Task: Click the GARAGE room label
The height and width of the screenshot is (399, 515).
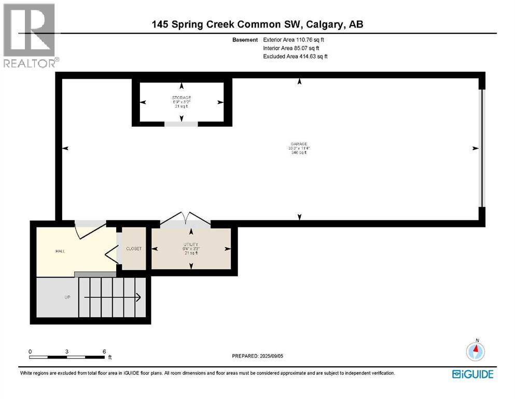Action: point(299,144)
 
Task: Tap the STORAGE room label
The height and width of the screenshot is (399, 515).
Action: point(182,98)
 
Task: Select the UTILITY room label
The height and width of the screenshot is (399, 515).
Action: point(191,244)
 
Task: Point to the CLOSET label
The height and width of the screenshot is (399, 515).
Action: point(134,249)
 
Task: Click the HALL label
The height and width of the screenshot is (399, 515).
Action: point(61,251)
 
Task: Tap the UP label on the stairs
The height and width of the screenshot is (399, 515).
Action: point(67,297)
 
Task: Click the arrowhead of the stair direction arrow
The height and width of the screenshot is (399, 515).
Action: point(138,297)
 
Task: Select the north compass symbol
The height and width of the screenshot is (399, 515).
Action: point(476,351)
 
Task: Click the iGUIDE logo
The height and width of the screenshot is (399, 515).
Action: point(472,374)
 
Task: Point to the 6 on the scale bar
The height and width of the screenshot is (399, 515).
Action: point(104,351)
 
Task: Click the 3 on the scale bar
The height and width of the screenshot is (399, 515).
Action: point(67,351)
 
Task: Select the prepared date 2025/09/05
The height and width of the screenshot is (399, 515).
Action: point(257,356)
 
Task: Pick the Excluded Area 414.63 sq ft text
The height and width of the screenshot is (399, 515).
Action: point(295,56)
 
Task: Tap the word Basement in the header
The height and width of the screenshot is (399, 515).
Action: point(245,39)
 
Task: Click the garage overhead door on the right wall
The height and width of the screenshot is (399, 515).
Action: point(481,148)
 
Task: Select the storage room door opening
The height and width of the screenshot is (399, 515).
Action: point(181,124)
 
